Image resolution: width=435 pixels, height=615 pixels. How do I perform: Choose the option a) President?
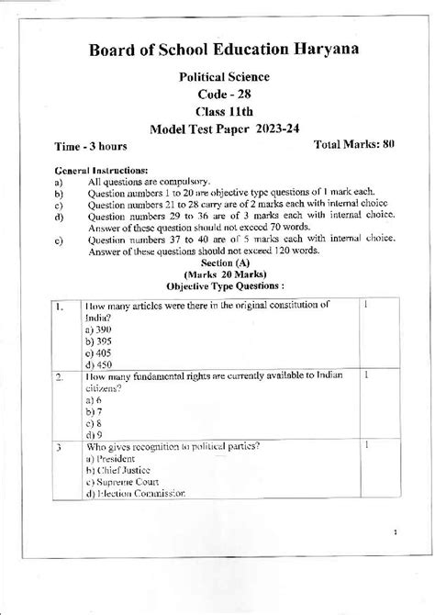pos(109,457)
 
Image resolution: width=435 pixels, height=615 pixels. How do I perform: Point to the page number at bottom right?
pos(394,531)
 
